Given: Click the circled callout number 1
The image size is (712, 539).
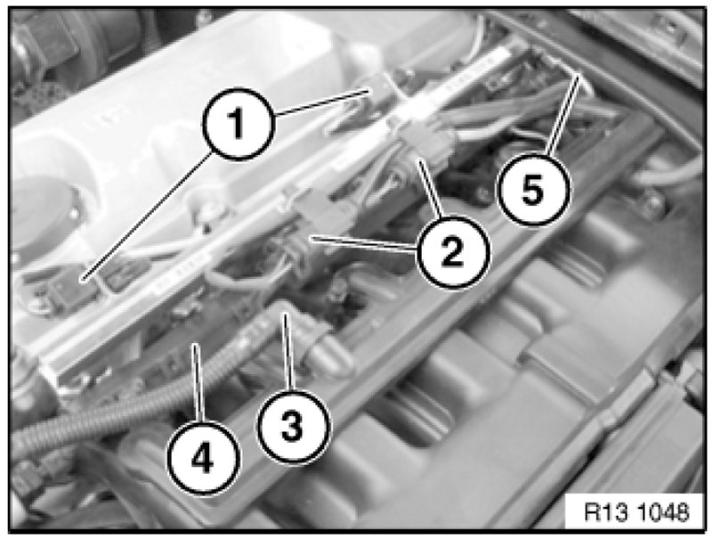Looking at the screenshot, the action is click(238, 124).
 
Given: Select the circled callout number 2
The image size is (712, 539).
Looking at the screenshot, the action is click(453, 251).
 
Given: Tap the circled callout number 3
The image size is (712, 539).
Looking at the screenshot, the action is click(293, 426).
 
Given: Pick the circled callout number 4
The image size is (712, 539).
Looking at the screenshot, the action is click(203, 458).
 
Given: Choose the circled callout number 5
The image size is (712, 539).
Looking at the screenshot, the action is click(533, 189).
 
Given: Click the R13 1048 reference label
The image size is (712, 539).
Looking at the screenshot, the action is click(636, 512).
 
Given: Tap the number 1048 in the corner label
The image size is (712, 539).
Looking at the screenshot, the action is click(664, 512).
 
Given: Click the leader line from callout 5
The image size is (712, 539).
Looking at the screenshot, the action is click(563, 115).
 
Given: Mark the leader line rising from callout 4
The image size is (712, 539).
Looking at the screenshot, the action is click(198, 384).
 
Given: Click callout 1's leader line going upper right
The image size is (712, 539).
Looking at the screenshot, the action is click(321, 102).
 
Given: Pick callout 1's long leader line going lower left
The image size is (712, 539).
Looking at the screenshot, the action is click(147, 216).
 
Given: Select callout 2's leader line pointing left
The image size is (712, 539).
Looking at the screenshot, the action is click(364, 242).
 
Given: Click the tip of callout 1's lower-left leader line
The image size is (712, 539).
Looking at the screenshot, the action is click(82, 280).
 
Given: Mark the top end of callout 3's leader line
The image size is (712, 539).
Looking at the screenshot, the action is click(285, 314).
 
